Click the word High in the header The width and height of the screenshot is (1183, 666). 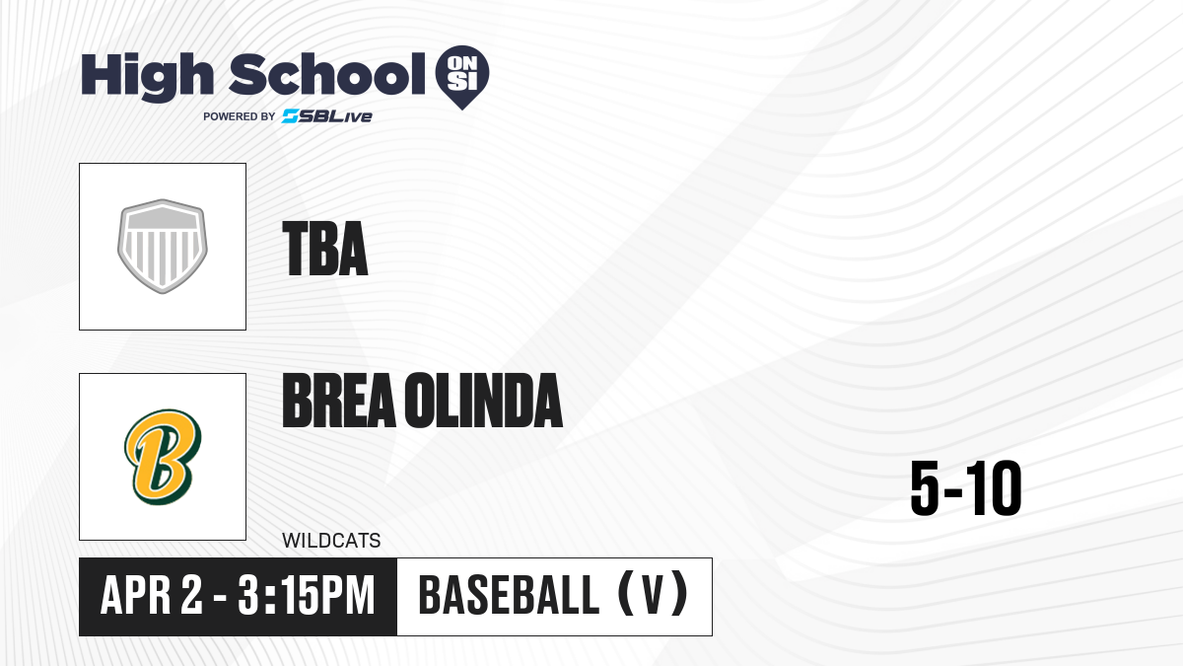147,77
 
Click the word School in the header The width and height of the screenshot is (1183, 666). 327,74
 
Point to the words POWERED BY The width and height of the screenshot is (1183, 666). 240,116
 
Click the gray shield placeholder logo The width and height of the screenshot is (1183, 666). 163,247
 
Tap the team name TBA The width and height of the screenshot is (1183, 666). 325,249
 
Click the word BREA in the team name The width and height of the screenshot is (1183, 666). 339,401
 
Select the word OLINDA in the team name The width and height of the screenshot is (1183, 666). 484,401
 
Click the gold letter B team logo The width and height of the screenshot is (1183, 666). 163,457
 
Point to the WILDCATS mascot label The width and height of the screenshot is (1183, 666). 331,541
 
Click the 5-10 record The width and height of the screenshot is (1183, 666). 966,488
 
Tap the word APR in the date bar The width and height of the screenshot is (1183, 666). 136,595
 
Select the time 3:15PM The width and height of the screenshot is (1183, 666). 306,595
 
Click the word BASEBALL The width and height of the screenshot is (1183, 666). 509,595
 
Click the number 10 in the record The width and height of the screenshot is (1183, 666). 995,488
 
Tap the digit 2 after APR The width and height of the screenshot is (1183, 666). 191,595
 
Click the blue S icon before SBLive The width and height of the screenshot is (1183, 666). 291,116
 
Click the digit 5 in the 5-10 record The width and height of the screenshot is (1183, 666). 925,488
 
